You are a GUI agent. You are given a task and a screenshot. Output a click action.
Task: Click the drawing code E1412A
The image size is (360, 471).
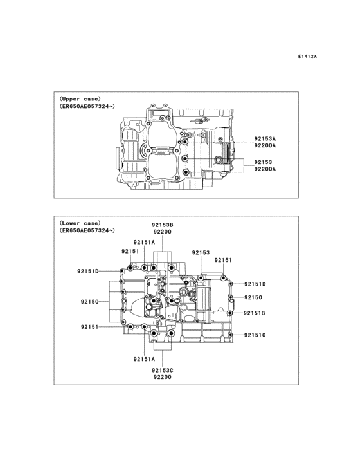tap(307, 57)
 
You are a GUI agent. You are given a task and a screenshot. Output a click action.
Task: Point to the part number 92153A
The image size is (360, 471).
tap(264, 138)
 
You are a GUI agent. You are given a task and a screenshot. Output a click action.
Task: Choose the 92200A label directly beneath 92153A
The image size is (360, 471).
tap(264, 146)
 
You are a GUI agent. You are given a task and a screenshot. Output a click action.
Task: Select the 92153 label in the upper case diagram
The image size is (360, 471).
tap(262, 162)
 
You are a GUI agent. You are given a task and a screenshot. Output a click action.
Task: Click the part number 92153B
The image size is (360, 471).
tap(163, 224)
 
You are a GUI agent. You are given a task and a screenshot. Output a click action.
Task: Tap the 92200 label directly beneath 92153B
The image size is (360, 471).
tap(162, 231)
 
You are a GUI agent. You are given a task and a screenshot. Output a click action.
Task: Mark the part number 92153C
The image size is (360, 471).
tap(163, 370)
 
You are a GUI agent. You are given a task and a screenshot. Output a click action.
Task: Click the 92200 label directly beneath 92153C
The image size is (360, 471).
tap(162, 377)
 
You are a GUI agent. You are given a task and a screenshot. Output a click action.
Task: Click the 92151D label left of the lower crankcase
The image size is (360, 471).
tap(87, 272)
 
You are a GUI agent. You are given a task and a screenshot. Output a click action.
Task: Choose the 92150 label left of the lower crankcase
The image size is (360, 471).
tap(89, 301)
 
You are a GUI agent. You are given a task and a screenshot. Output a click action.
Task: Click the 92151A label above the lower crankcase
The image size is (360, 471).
tap(144, 242)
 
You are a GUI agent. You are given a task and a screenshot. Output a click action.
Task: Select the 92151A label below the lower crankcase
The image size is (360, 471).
tap(145, 359)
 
